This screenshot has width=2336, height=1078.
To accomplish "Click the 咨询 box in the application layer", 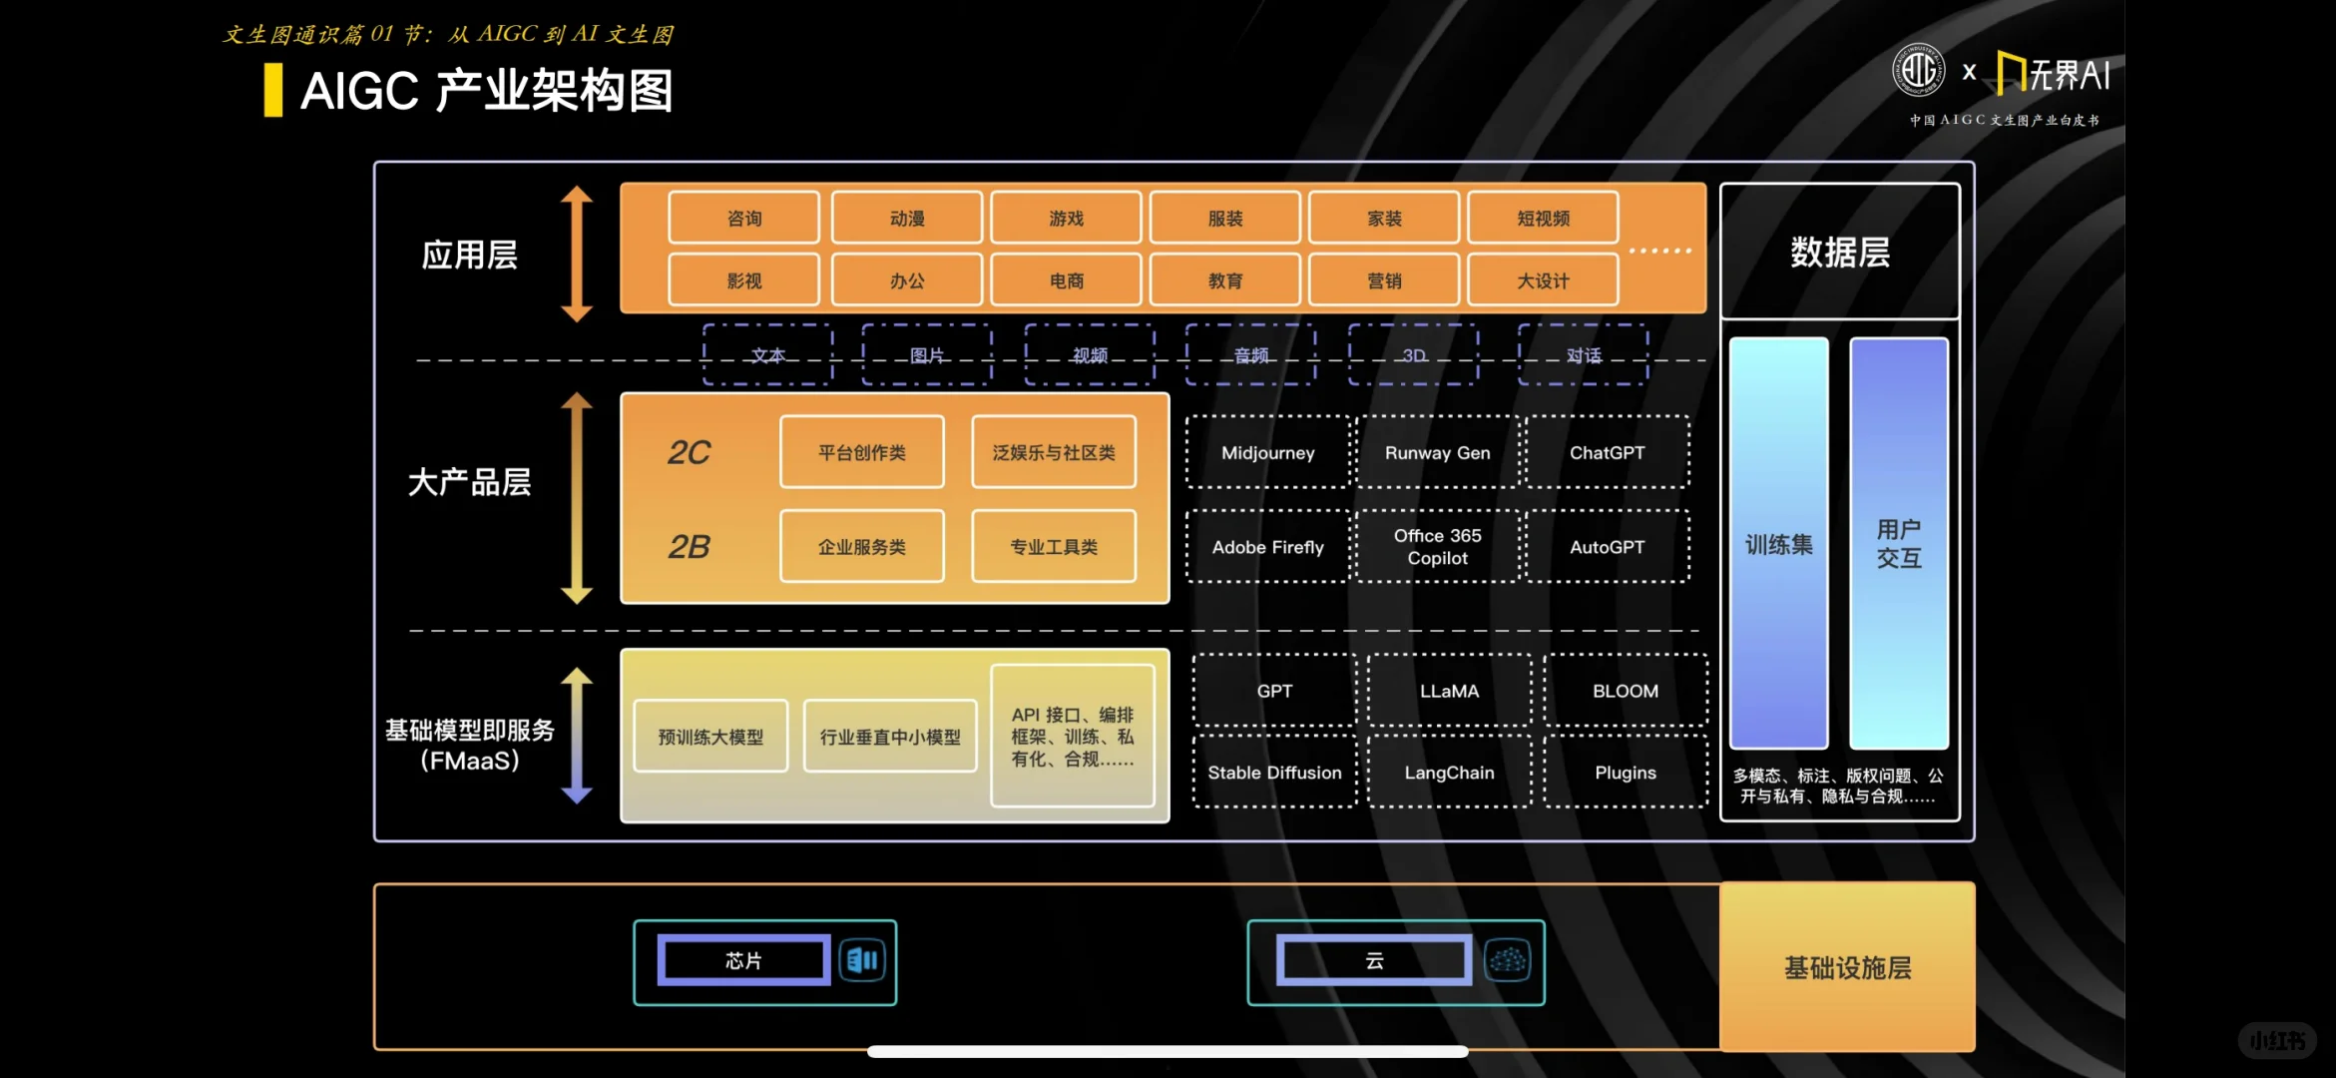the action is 744,218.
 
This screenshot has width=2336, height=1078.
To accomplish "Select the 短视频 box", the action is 1543,218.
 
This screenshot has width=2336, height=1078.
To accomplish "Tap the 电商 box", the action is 1066,280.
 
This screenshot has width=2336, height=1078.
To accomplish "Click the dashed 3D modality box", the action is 1413,354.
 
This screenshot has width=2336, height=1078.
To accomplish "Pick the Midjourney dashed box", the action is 1267,452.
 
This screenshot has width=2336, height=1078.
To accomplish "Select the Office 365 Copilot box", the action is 1437,546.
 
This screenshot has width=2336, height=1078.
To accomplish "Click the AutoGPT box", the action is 1607,546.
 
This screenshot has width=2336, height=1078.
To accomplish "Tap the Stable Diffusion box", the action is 1274,772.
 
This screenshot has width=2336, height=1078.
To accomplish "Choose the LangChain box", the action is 1449,772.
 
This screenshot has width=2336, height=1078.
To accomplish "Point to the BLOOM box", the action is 1626,691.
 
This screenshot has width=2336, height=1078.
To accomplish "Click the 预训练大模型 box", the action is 710,737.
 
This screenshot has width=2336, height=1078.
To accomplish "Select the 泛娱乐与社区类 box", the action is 1054,452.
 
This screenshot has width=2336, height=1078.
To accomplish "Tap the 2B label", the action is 689,546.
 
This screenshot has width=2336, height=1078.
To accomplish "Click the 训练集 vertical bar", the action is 1778,543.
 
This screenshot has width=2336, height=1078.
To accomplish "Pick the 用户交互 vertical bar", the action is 1898,543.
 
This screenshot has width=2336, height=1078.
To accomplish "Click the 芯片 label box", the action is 743,960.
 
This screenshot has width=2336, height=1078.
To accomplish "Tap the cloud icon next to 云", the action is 1507,960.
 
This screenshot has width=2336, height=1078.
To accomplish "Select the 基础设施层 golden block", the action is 1847,966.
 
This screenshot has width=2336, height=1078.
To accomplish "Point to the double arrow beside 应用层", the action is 577,254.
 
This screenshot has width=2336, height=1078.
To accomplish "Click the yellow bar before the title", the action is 272,90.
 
